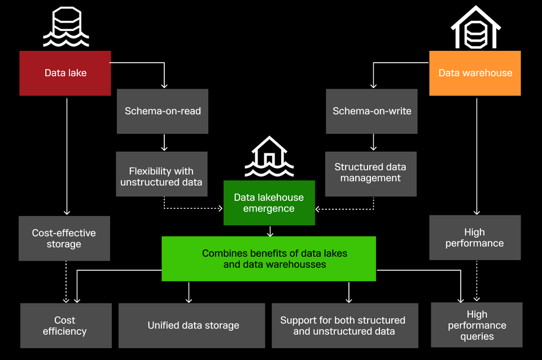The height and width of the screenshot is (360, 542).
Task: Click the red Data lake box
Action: [x=65, y=73]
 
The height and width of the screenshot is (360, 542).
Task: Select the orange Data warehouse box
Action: [x=475, y=73]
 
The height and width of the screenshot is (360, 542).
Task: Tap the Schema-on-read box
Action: [x=163, y=111]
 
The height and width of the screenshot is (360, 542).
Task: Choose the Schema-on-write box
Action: [x=371, y=111]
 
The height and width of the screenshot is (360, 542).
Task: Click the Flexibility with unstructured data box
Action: [x=161, y=176]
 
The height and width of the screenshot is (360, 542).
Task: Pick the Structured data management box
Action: [x=370, y=173]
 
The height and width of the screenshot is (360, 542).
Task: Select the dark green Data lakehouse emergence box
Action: [x=269, y=203]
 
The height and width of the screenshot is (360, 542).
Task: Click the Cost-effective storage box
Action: [x=64, y=238]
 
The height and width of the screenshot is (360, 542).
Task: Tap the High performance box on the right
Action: [x=475, y=238]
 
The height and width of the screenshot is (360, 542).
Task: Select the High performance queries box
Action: [x=477, y=325]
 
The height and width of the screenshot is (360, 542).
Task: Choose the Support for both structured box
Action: [x=344, y=326]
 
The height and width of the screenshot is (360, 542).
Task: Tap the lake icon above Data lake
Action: [x=65, y=28]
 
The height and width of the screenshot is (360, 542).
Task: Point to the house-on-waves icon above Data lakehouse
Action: [x=269, y=157]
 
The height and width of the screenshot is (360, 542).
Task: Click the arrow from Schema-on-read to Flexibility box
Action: [x=164, y=142]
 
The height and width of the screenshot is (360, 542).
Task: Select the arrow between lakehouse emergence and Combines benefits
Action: [x=270, y=231]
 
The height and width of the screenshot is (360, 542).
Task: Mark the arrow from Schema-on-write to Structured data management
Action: [x=373, y=142]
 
